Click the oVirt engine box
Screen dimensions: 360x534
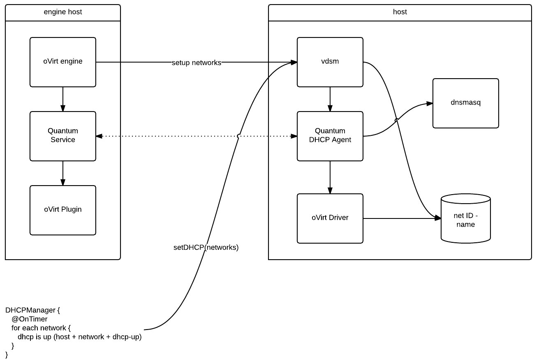(63, 62)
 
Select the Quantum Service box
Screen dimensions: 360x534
(63, 136)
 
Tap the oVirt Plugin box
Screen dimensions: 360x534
(63, 210)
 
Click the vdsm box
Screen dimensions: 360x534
(330, 62)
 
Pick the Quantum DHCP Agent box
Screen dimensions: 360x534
(330, 136)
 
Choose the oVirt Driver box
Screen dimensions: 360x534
(330, 218)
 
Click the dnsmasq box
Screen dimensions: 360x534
(465, 103)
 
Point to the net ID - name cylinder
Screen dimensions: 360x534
(465, 221)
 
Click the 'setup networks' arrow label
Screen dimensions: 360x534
(196, 63)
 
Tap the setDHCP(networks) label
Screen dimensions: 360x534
(206, 248)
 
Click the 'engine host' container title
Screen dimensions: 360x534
(63, 12)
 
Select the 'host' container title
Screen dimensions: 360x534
(400, 12)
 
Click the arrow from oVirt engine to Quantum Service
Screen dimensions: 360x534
(63, 99)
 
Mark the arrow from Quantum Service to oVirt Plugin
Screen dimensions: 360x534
(63, 173)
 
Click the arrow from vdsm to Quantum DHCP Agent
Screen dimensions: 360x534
(330, 99)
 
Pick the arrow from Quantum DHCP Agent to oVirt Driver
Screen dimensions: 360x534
(330, 177)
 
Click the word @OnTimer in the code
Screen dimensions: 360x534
(30, 319)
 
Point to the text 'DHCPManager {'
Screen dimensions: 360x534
(33, 310)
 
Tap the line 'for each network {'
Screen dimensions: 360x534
(41, 328)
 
